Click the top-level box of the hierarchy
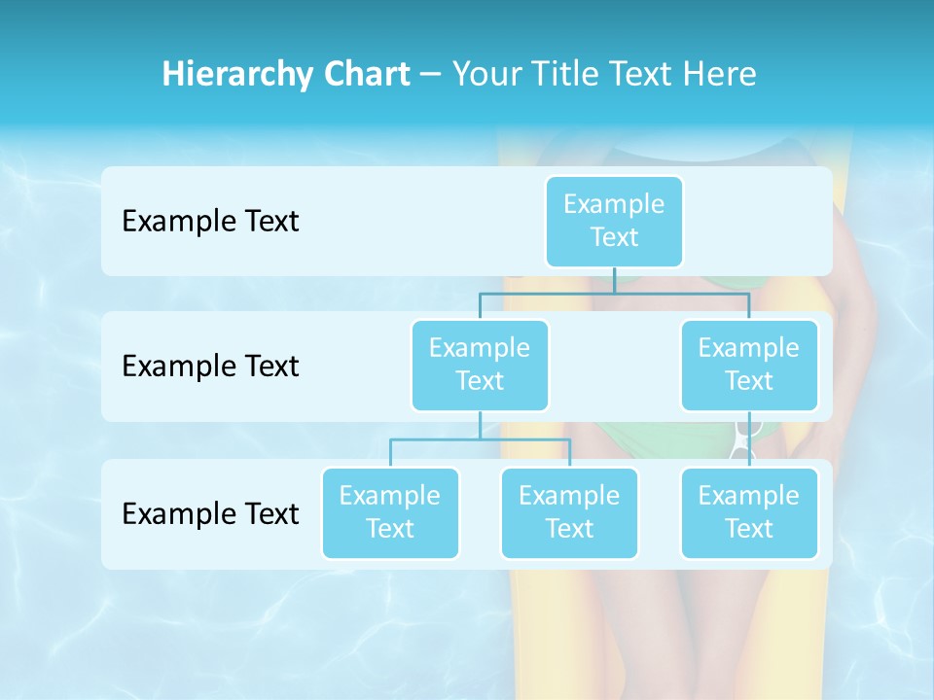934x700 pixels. point(614,222)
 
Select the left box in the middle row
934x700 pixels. point(480,366)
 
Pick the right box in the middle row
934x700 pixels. point(749,366)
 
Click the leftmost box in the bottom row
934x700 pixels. point(390,513)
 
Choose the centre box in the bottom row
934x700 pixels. point(569,513)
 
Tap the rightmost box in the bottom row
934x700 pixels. point(749,513)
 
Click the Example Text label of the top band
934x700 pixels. point(210,222)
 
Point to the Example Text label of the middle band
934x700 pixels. point(210,367)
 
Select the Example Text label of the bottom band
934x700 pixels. point(210,513)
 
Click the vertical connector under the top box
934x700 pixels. point(614,280)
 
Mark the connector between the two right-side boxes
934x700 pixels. point(749,439)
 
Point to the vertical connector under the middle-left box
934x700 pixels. point(480,425)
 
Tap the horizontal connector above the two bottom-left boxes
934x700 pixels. point(480,439)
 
